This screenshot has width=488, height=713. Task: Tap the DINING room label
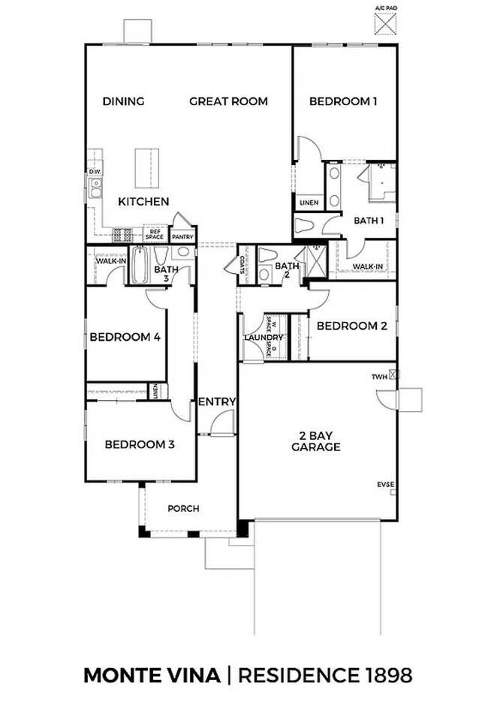[123, 101]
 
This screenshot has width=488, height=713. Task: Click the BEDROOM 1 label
[343, 101]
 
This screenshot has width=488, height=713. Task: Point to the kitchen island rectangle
[146, 168]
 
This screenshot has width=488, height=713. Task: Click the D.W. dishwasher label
[95, 172]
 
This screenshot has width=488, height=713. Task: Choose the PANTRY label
[182, 237]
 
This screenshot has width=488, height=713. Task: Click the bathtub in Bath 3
[140, 266]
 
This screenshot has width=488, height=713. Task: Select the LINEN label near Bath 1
[309, 203]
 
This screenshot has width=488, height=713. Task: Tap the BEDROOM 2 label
[351, 326]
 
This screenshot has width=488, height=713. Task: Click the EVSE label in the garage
[385, 486]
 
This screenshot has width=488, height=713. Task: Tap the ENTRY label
[217, 402]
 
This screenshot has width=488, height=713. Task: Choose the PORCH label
[183, 508]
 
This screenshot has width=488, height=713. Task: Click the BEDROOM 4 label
[125, 338]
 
